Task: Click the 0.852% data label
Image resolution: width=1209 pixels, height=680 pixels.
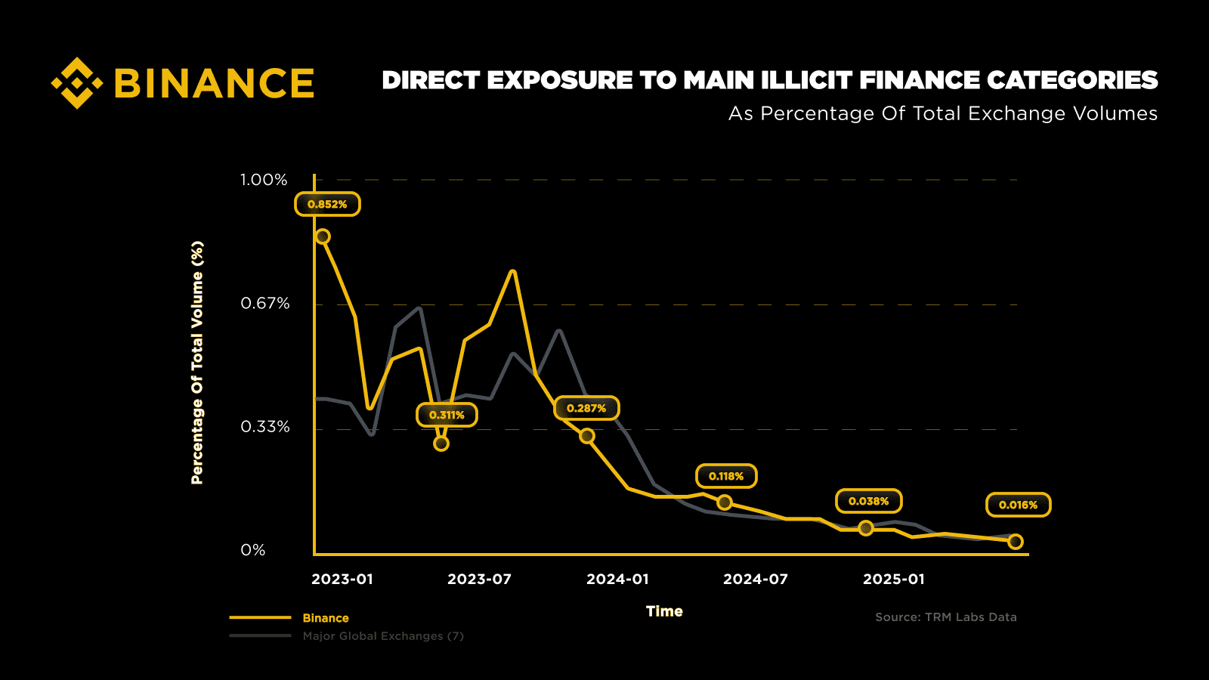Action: point(327,204)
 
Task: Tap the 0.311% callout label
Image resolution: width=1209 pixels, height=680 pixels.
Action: point(447,415)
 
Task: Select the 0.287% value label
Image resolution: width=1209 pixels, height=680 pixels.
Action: point(586,408)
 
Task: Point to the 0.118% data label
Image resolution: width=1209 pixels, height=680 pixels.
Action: point(726,476)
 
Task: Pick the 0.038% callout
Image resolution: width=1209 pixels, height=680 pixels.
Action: point(868,501)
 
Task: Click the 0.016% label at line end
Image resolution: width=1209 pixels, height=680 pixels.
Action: point(1018,505)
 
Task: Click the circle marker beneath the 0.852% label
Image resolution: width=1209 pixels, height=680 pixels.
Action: point(323,236)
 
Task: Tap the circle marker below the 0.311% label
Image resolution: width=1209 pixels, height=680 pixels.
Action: point(441,444)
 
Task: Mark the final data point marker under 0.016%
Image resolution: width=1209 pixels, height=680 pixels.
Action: point(1016,541)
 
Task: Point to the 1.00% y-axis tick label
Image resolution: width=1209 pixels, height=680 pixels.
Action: point(264,180)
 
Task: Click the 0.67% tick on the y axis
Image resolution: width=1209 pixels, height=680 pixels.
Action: point(265,304)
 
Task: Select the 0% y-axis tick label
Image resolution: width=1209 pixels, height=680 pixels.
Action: point(253,550)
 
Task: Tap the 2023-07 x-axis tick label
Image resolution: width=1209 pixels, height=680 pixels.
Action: point(479,579)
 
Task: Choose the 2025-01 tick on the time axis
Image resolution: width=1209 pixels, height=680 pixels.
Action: point(894,579)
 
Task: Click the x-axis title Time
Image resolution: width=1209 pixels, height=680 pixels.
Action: point(664,611)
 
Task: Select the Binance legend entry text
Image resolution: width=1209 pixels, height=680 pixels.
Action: point(326,618)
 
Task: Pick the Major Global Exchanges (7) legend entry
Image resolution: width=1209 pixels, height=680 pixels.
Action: point(383,636)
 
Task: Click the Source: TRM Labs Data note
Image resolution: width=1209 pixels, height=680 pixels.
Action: point(945,617)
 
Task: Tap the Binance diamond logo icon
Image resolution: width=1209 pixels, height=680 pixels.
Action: point(76,82)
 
